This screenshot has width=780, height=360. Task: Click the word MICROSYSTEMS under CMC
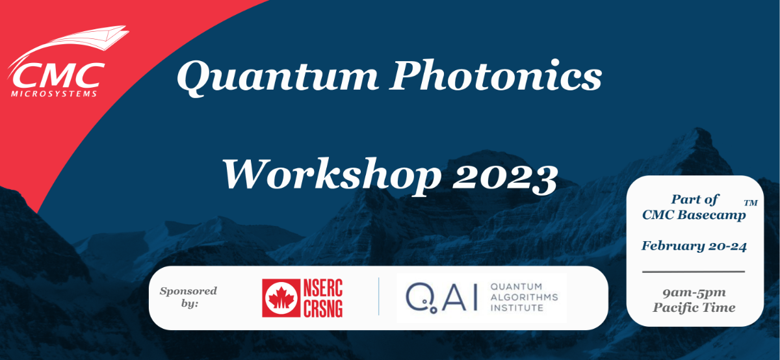[55, 94]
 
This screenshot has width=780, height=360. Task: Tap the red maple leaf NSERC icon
[280, 298]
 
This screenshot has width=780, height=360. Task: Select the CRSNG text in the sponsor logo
[322, 308]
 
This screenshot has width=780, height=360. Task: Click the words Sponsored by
[188, 296]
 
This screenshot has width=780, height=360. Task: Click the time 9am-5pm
[694, 293]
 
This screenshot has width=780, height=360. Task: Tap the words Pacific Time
[694, 307]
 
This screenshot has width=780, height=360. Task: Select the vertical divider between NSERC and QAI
[379, 297]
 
